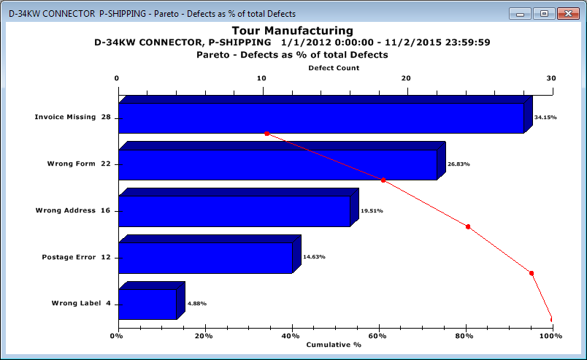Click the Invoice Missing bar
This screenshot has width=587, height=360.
tap(321, 118)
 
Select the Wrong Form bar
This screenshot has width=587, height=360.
tap(277, 164)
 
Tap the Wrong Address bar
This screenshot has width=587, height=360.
tap(234, 211)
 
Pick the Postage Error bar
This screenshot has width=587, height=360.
tap(205, 257)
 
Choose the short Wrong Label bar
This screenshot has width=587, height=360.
tap(147, 304)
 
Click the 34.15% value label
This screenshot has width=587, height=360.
tap(545, 117)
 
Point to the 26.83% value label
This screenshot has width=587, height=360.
tap(458, 164)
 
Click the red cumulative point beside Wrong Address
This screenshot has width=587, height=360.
tap(468, 226)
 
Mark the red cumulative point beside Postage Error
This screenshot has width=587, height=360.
tap(532, 273)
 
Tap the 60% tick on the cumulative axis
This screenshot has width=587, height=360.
tap(378, 336)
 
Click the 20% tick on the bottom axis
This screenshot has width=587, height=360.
tap(204, 336)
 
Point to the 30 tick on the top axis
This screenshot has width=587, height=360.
tap(550, 79)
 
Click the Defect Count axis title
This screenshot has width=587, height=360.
tap(334, 68)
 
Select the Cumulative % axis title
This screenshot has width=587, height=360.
tap(334, 344)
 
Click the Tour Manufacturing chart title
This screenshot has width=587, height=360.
tap(292, 31)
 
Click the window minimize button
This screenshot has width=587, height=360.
tap(520, 13)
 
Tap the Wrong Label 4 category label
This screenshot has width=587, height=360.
tap(80, 303)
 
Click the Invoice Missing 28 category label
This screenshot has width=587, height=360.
tap(73, 117)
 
